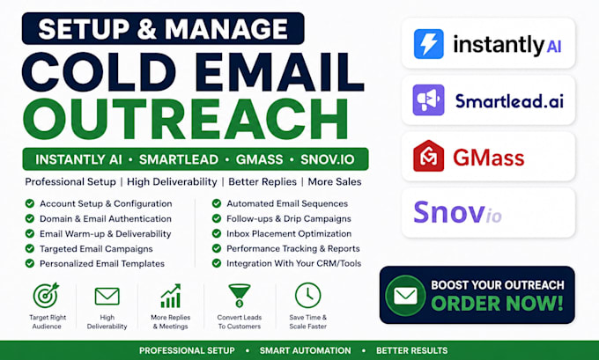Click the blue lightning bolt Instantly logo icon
[429, 44]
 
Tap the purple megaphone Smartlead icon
[429, 100]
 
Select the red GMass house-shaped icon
[429, 156]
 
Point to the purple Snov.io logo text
[457, 212]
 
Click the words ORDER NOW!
[498, 304]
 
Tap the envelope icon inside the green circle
[405, 296]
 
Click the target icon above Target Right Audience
[46, 295]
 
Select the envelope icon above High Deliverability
[107, 297]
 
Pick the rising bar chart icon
[170, 296]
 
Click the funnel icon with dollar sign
[240, 296]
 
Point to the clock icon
[308, 295]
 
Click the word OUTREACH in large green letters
[185, 119]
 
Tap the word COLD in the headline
[100, 72]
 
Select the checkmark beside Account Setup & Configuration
[30, 203]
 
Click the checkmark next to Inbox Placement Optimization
[217, 233]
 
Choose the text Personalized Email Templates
[102, 263]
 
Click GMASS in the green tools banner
[259, 159]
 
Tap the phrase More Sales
[335, 181]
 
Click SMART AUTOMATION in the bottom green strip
[306, 350]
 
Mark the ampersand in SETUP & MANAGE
[147, 29]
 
